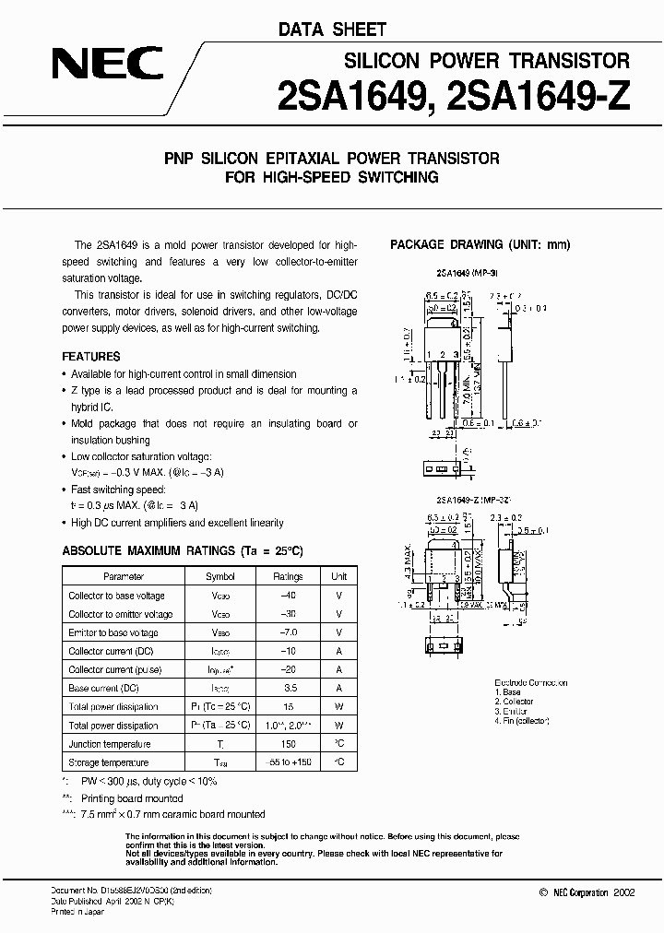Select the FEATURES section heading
pyautogui.click(x=90, y=356)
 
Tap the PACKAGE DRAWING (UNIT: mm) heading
pyautogui.click(x=480, y=244)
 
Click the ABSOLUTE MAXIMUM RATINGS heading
pyautogui.click(x=182, y=550)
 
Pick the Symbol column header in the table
pyautogui.click(x=219, y=576)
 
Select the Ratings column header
pyautogui.click(x=287, y=576)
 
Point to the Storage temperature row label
pyautogui.click(x=109, y=762)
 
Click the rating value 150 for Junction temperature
pyautogui.click(x=287, y=744)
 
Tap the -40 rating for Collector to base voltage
pyautogui.click(x=287, y=596)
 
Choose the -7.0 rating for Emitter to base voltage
pyautogui.click(x=287, y=632)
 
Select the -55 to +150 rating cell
pyautogui.click(x=287, y=762)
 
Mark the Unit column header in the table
pyautogui.click(x=339, y=576)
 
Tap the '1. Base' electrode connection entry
pyautogui.click(x=508, y=691)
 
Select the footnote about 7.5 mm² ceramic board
pyautogui.click(x=168, y=814)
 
